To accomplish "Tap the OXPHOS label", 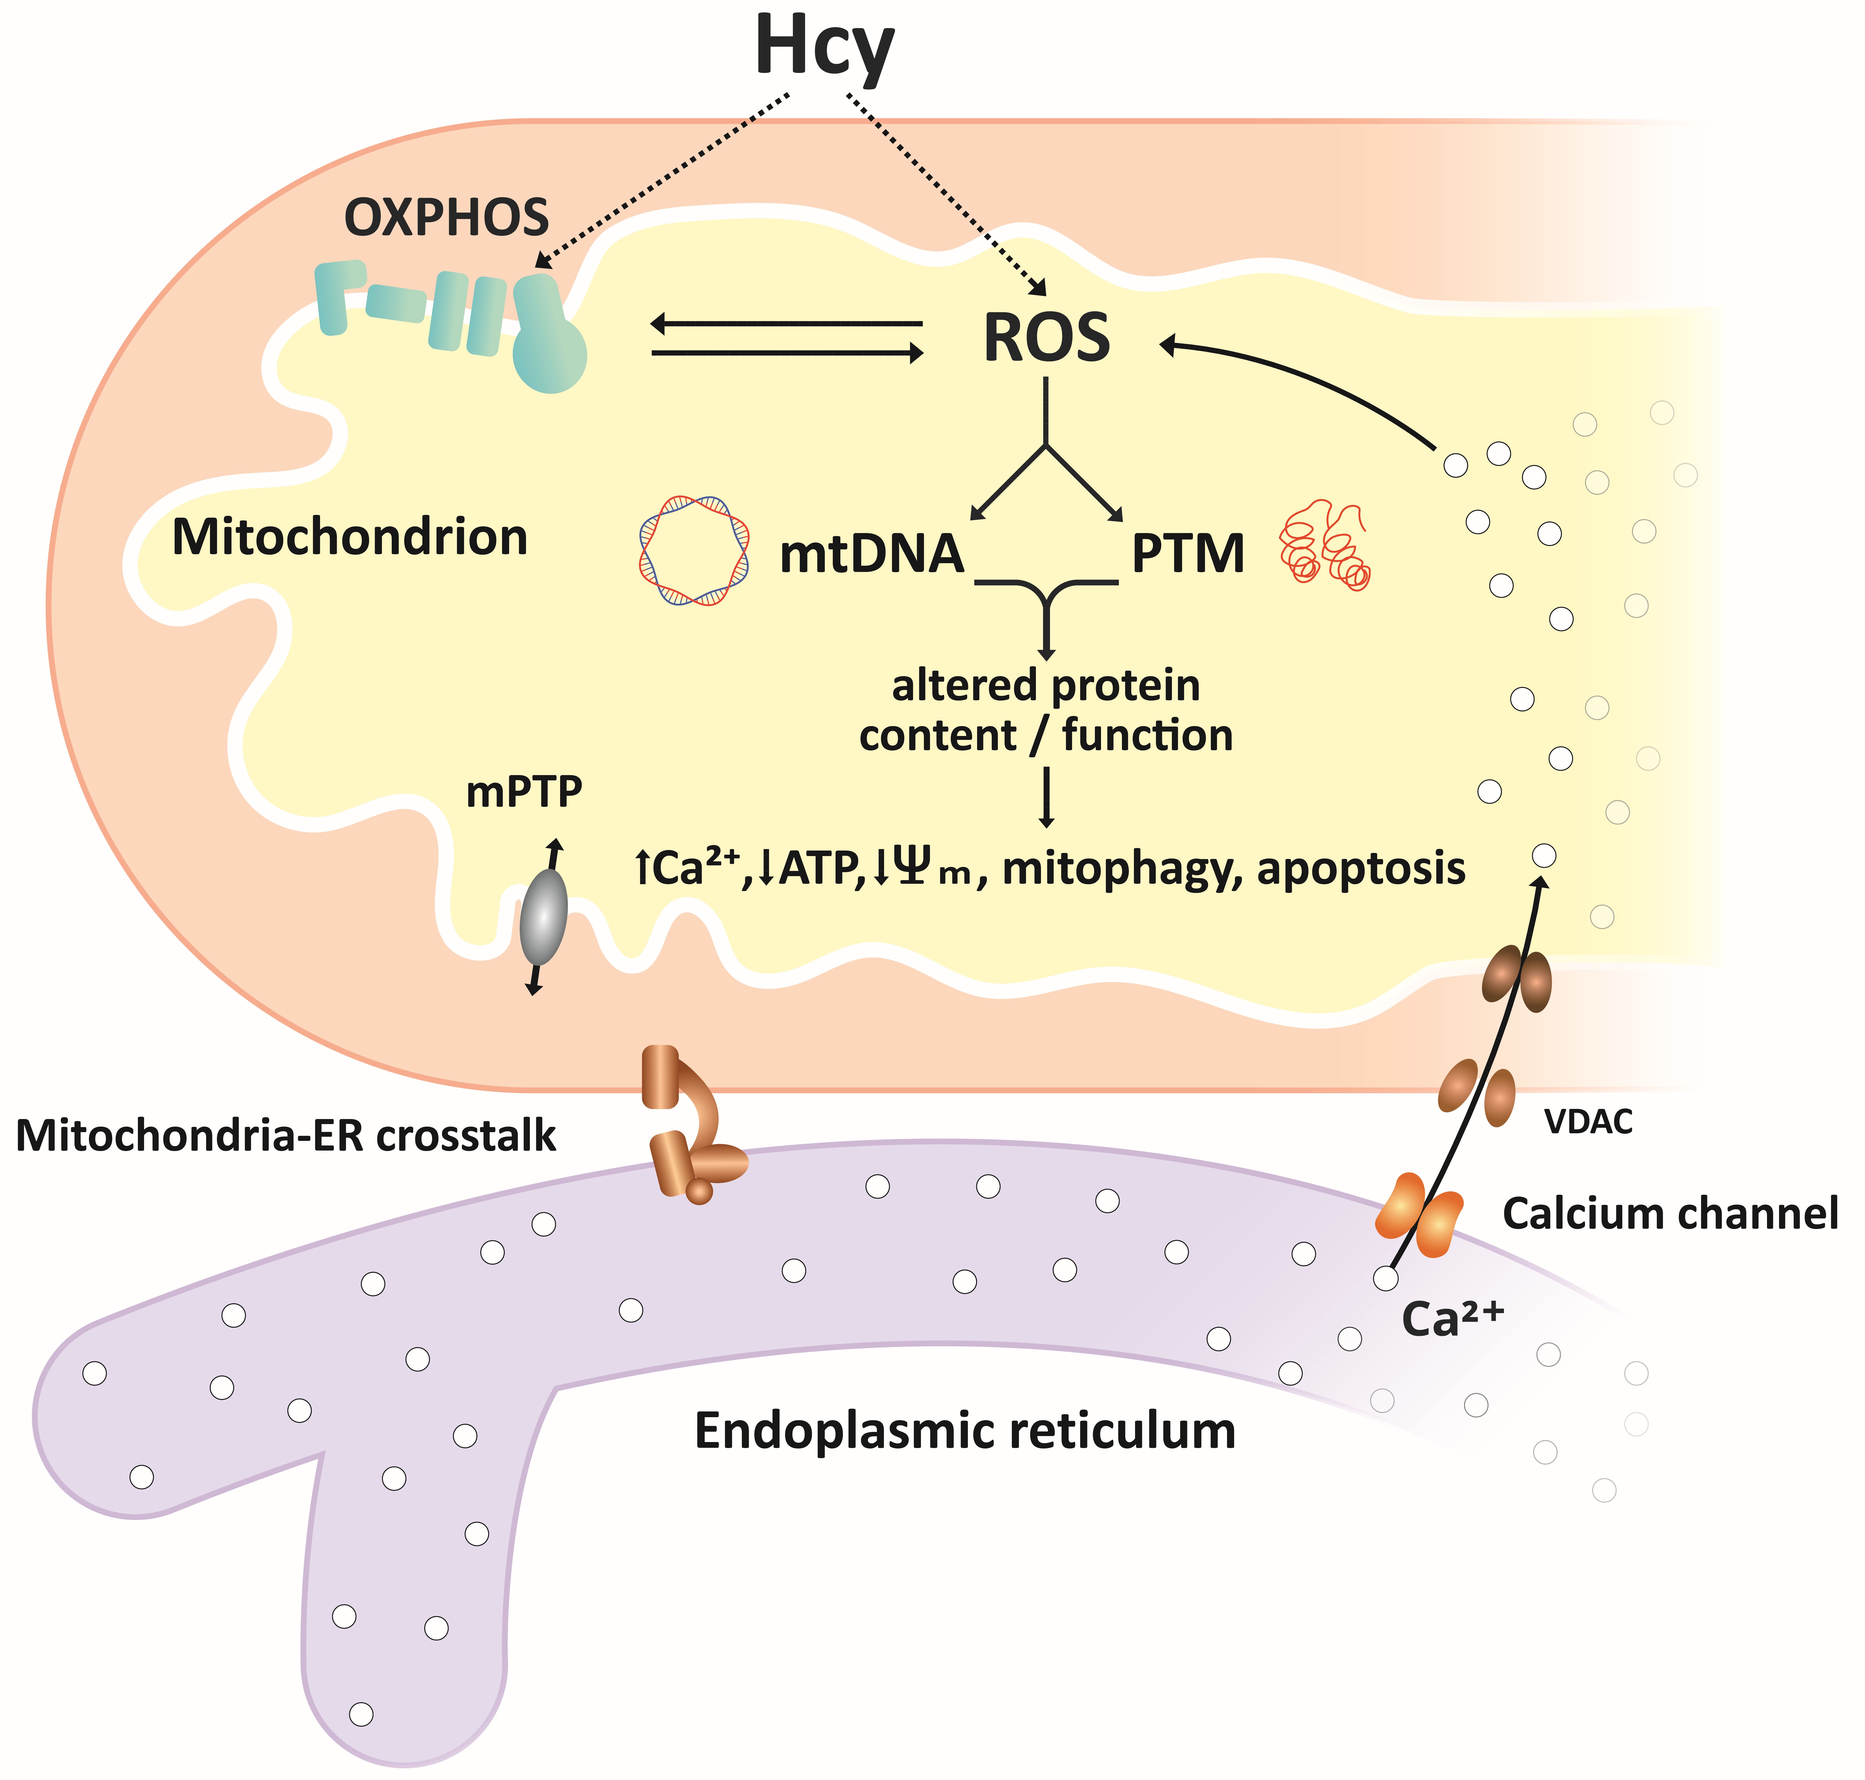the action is click(x=447, y=217).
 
